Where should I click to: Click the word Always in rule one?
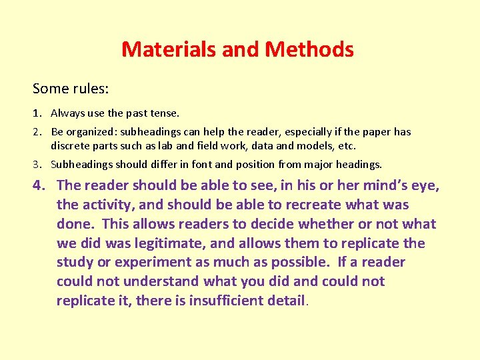click(x=67, y=113)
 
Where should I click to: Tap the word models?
click(x=304, y=145)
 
